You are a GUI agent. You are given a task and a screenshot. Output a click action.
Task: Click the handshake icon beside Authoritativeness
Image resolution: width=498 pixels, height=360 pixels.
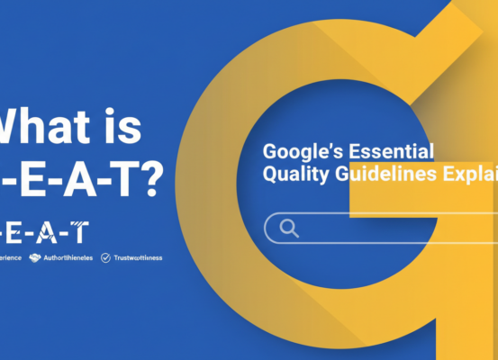(35, 257)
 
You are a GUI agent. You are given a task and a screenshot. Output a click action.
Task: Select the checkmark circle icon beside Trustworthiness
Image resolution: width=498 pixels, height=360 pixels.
(105, 257)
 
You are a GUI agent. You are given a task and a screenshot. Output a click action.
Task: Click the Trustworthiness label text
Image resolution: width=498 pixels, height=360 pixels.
(139, 257)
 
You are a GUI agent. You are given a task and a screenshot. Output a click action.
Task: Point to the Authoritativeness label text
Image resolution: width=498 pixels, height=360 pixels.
(68, 257)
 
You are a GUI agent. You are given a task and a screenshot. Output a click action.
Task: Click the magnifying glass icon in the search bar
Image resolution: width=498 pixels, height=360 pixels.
(289, 229)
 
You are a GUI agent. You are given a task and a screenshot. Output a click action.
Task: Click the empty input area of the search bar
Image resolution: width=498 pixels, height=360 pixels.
(396, 229)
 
